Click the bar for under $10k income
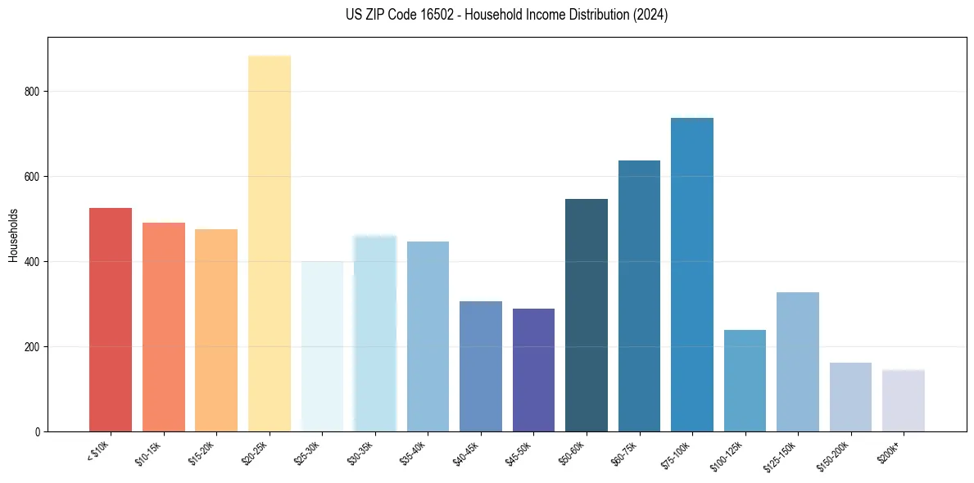(111, 319)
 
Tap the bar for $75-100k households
(692, 274)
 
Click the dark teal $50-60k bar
(587, 315)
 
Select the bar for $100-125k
(745, 381)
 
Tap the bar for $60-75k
(639, 296)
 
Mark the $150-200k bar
(850, 397)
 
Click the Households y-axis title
(14, 234)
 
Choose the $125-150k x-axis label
(782, 455)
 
